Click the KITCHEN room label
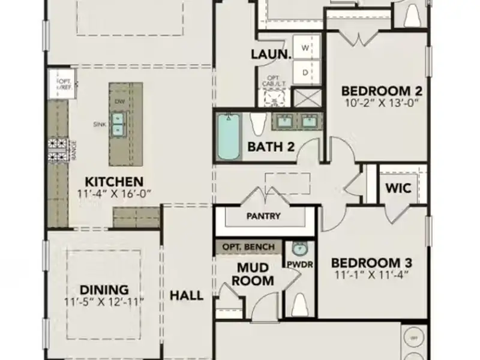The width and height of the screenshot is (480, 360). coord(113,181)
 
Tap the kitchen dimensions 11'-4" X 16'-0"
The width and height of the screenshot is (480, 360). coord(113,193)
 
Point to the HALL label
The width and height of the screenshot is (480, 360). coord(186,295)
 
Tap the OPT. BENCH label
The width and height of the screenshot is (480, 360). coord(248,247)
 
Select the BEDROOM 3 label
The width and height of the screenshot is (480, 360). coord(371,263)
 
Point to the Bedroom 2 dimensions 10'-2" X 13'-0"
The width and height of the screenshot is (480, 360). coord(382,103)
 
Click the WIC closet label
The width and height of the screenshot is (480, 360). coord(398,188)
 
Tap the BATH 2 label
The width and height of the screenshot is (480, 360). coord(271,146)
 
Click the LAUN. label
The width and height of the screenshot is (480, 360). coord(271,54)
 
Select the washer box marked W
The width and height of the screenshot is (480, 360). coord(305,47)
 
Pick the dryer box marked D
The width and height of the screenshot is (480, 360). coord(305,73)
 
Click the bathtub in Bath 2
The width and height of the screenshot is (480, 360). coord(228,137)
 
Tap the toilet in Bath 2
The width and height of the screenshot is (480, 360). coord(257,125)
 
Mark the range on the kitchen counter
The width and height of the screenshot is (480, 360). coord(59,148)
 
